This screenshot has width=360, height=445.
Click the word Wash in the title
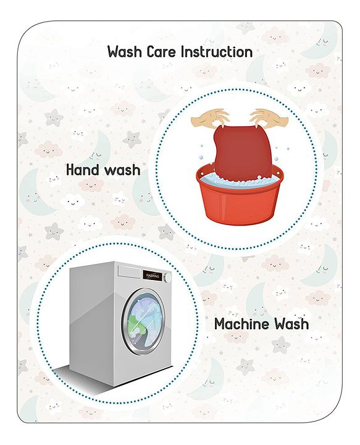[x=125, y=52]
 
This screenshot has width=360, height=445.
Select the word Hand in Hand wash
[x=83, y=170]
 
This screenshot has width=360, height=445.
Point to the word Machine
[x=243, y=324]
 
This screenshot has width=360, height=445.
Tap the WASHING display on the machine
[x=153, y=276]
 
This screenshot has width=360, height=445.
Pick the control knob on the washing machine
[x=169, y=277]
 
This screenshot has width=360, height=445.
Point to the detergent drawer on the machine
[x=130, y=271]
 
